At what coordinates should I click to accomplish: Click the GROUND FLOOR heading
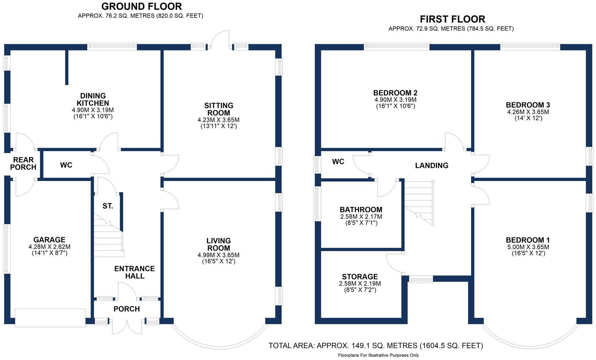[x=141, y=6]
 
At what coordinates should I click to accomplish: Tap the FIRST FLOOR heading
[x=452, y=19]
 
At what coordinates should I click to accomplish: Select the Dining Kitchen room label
[x=93, y=99]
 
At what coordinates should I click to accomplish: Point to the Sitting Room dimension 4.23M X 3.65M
[x=219, y=120]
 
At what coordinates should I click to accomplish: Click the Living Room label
[x=219, y=244]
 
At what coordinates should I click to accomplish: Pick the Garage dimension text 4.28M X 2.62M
[x=49, y=247]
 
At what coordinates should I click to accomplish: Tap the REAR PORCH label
[x=23, y=163]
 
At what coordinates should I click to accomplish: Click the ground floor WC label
[x=66, y=165]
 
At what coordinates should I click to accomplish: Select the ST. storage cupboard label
[x=108, y=206]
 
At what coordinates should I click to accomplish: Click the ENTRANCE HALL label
[x=134, y=272]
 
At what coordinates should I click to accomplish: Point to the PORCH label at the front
[x=127, y=309]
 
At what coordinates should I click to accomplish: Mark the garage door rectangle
[x=50, y=317]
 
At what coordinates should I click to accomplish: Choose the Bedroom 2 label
[x=395, y=93]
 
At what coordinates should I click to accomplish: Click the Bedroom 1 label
[x=528, y=240]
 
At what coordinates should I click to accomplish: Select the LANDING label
[x=432, y=166]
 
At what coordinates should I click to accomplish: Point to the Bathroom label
[x=361, y=210]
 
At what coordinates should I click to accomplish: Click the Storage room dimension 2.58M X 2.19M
[x=360, y=284]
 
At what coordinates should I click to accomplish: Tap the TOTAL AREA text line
[x=375, y=345]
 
